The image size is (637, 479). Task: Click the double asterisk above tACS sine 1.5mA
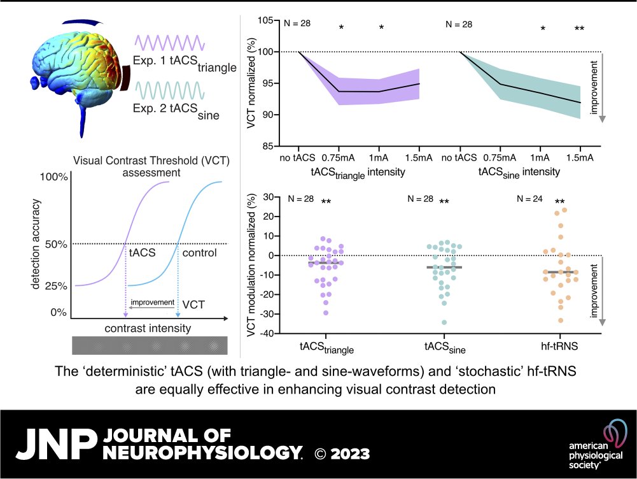pyautogui.click(x=579, y=29)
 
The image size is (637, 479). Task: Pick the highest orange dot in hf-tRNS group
pyautogui.click(x=564, y=210)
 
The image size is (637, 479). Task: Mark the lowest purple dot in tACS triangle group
pyautogui.click(x=326, y=313)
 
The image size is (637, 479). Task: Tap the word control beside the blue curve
pyautogui.click(x=199, y=253)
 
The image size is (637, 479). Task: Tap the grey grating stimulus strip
pyautogui.click(x=150, y=345)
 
